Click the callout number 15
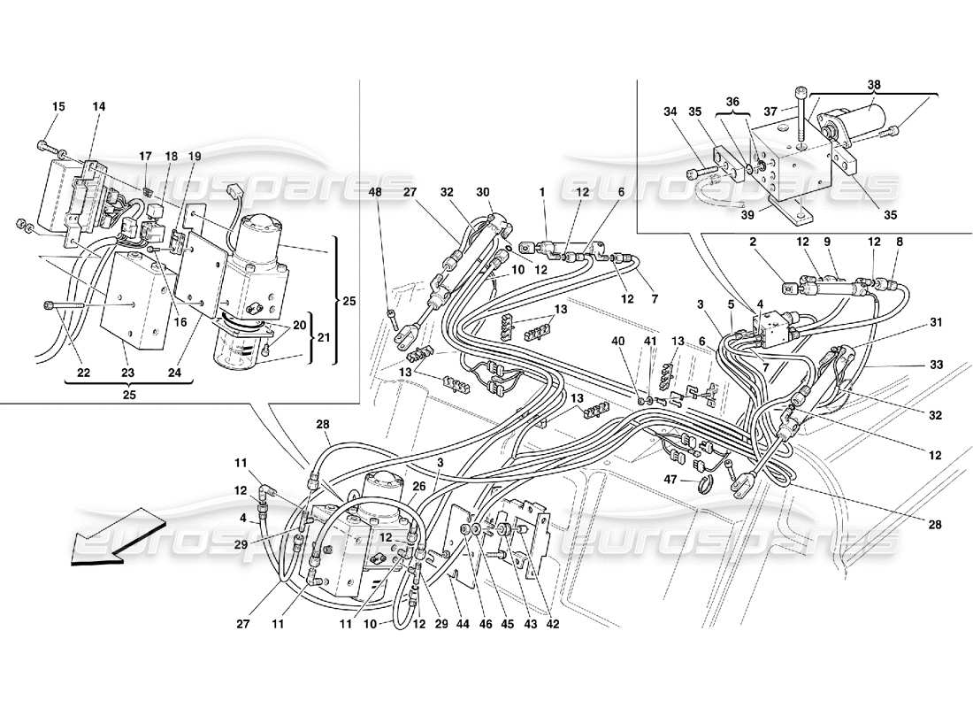click(x=57, y=107)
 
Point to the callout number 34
click(x=670, y=112)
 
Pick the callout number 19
click(x=195, y=157)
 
